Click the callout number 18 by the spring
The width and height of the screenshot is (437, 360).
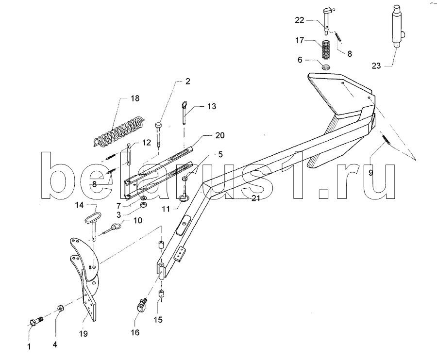click(134, 98)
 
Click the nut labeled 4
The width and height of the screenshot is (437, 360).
click(61, 309)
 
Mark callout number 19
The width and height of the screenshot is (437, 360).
click(83, 334)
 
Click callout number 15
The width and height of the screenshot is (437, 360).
click(159, 320)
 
